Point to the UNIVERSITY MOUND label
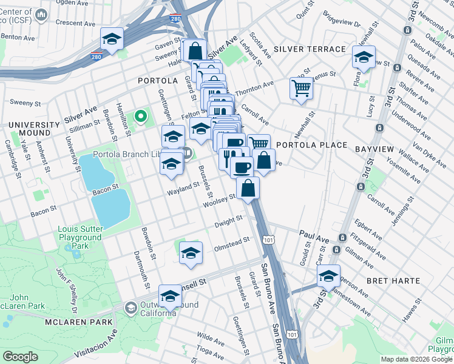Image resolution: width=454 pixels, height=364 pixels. point(30,129)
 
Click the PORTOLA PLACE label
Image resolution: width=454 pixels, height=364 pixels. point(311,146)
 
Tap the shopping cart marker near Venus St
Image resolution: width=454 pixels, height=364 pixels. point(301,89)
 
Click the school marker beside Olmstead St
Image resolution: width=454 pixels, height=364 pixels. point(191,252)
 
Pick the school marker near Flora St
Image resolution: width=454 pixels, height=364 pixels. point(364,58)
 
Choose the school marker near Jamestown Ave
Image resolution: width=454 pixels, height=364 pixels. point(328,275)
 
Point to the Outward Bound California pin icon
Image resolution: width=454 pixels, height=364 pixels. point(130,308)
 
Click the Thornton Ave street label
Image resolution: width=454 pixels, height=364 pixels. point(254,89)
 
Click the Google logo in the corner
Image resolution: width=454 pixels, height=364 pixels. point(21,357)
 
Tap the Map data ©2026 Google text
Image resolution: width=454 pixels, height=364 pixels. point(416,359)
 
